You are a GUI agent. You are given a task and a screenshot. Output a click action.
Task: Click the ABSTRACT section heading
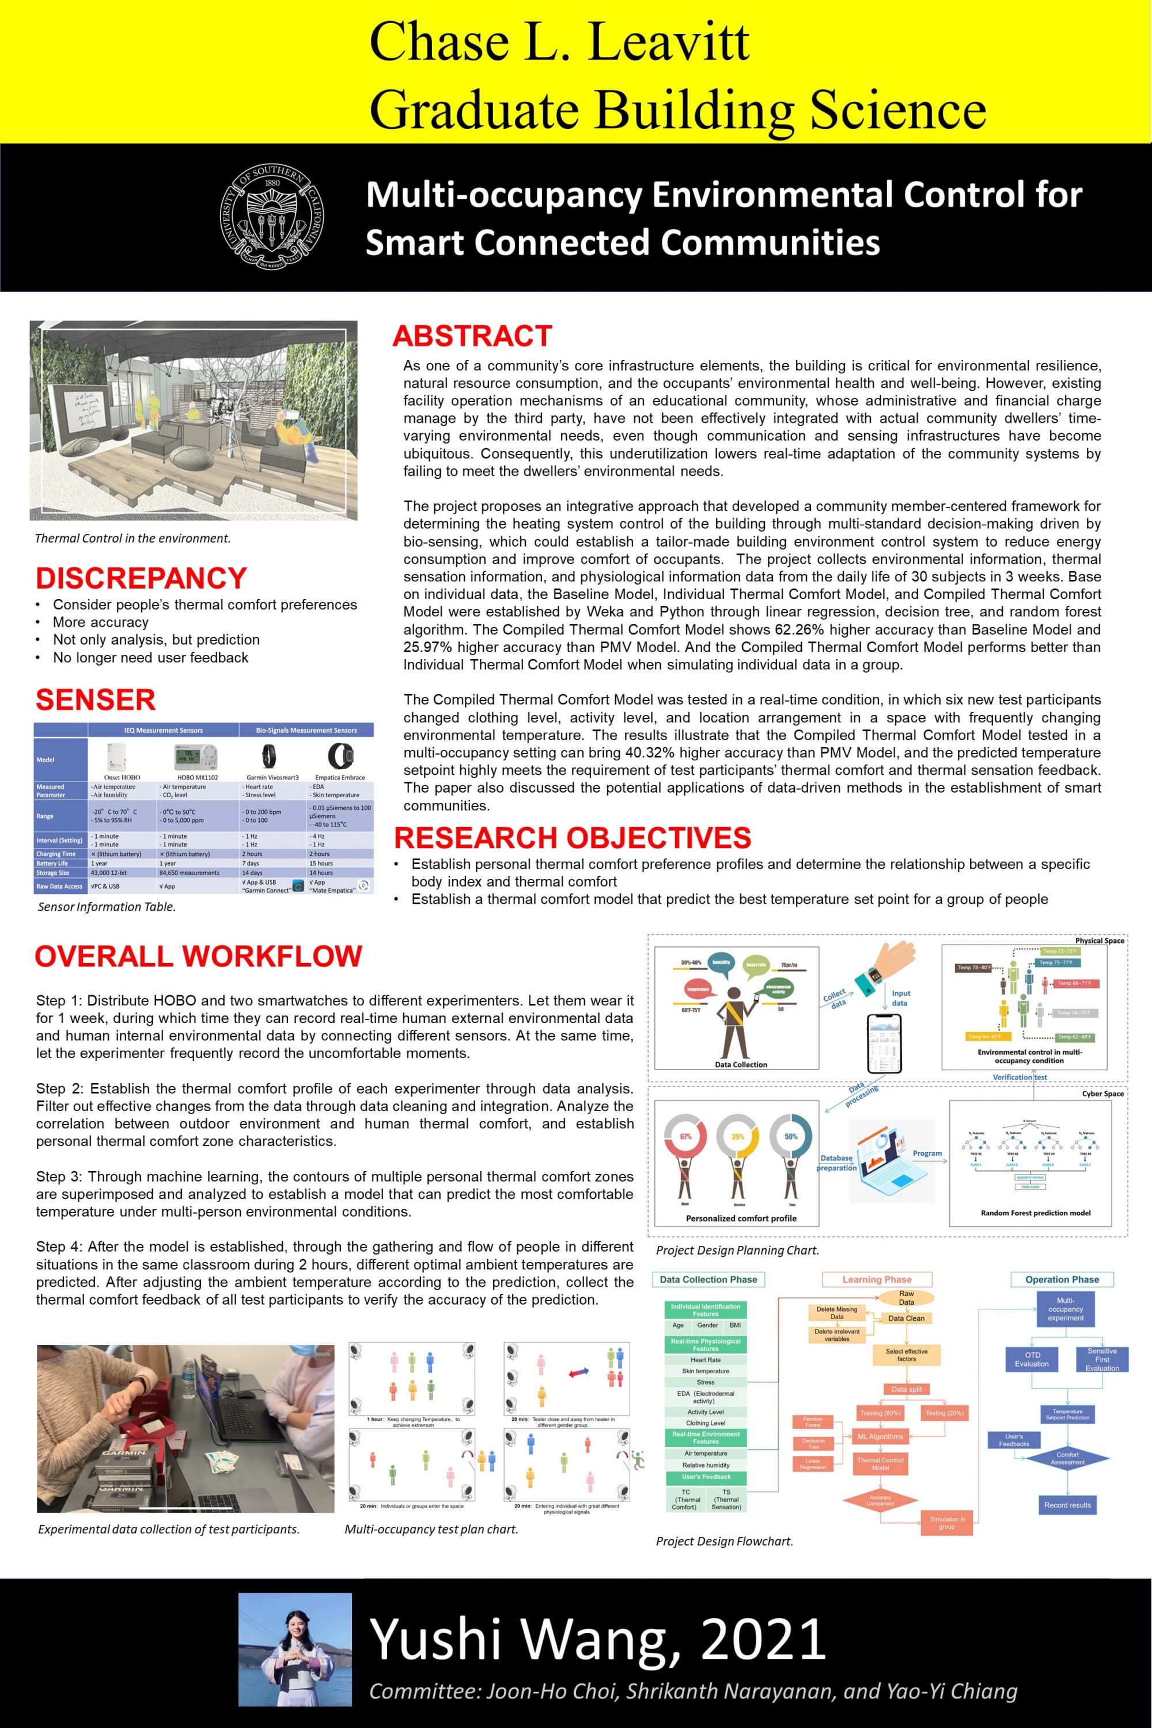472,336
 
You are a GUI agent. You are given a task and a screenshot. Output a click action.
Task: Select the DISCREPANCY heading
141,578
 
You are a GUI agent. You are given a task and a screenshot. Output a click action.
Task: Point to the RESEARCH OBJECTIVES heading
573,838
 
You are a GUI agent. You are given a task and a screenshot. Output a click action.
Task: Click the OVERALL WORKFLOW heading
198,956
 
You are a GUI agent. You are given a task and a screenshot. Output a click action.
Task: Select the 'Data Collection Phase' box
708,1279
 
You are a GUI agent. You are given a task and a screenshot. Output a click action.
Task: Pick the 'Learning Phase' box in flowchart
877,1279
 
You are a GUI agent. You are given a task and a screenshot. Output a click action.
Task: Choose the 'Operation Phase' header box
1062,1279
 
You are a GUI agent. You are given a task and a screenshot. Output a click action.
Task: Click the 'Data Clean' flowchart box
906,1318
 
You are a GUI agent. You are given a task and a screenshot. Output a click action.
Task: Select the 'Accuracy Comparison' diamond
880,1499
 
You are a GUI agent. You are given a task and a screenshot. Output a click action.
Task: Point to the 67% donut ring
685,1136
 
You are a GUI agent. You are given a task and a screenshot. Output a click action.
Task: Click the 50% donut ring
790,1136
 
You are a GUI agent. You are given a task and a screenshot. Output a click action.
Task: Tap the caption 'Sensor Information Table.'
107,907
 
